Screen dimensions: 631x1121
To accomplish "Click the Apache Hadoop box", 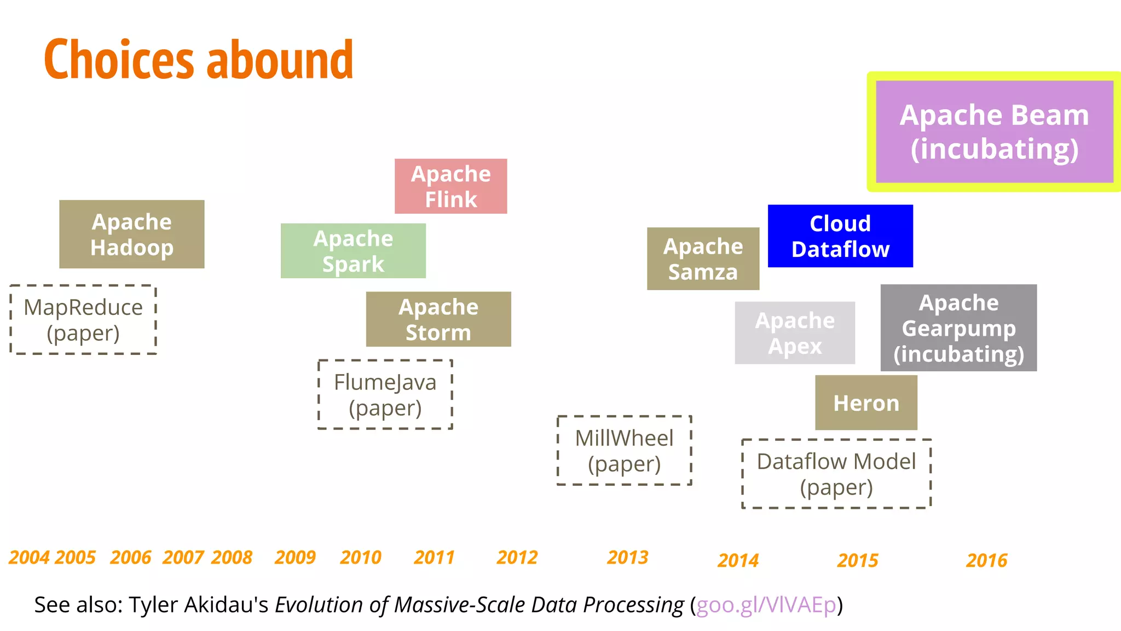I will (x=131, y=234).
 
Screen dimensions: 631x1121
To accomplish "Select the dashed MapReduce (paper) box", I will (x=83, y=319).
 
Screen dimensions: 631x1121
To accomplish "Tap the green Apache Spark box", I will (x=353, y=250).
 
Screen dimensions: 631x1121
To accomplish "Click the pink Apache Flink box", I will (x=450, y=186).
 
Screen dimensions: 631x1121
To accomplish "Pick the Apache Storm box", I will (x=438, y=319).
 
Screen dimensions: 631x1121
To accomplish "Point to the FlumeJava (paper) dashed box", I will (x=385, y=394).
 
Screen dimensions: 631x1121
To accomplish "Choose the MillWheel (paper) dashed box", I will (x=624, y=450).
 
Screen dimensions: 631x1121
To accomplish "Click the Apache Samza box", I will (x=703, y=259).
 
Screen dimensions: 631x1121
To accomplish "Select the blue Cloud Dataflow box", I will (x=840, y=236).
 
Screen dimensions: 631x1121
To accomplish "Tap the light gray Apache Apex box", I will (x=795, y=332).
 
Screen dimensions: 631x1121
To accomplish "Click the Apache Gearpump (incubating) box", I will (x=958, y=328).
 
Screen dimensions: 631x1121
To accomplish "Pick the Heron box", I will (x=866, y=403).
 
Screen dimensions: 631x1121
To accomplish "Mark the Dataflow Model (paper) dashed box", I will (x=836, y=474).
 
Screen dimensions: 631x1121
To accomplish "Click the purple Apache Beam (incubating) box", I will (x=995, y=131).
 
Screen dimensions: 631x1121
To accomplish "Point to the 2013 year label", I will (x=627, y=557).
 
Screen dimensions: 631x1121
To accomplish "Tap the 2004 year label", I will (x=29, y=557).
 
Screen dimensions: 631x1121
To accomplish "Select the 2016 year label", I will (x=986, y=560).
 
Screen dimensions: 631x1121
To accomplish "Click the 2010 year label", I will (x=360, y=557).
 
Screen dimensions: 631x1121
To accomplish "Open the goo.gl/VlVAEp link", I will (x=766, y=605).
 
